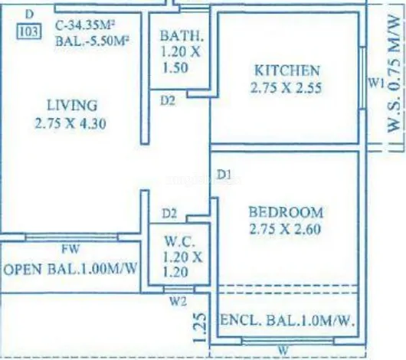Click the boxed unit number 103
click(29, 32)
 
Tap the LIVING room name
click(72, 105)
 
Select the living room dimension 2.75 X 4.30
click(70, 123)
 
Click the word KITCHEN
click(287, 70)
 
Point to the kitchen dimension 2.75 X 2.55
click(286, 87)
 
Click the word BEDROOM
click(286, 212)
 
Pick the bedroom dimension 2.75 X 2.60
click(285, 229)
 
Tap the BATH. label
click(182, 36)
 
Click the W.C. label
click(179, 241)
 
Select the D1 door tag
click(224, 175)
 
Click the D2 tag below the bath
click(168, 100)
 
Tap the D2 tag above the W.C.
click(169, 214)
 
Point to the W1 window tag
click(375, 83)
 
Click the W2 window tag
click(178, 301)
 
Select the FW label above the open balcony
click(70, 249)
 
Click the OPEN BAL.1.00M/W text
click(70, 269)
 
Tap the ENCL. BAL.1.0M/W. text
click(287, 320)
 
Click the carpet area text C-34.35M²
click(85, 25)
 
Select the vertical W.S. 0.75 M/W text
click(394, 74)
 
